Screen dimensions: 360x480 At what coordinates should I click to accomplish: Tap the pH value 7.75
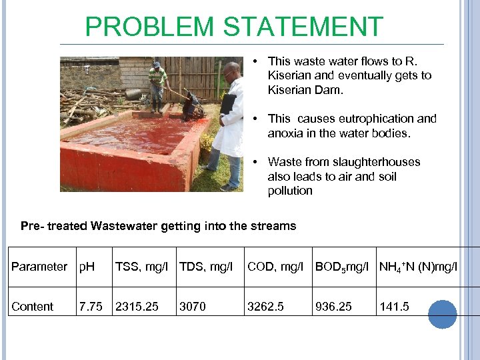pyautogui.click(x=91, y=307)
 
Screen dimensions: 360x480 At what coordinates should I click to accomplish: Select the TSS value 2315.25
pyautogui.click(x=137, y=307)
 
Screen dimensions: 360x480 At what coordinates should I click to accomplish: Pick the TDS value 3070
pyautogui.click(x=193, y=307)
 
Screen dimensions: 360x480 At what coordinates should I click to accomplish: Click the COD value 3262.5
pyautogui.click(x=265, y=307)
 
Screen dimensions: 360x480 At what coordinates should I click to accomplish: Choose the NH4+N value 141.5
pyautogui.click(x=394, y=307)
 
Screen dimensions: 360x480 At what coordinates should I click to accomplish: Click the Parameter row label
pyautogui.click(x=39, y=267)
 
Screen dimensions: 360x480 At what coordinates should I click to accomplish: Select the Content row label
pyautogui.click(x=32, y=307)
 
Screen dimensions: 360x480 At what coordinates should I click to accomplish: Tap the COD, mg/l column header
pyautogui.click(x=275, y=267)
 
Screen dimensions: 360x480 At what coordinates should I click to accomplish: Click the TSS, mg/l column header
pyautogui.click(x=141, y=267)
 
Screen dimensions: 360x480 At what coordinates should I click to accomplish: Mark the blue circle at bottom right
pyautogui.click(x=442, y=314)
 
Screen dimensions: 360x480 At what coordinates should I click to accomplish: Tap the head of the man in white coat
pyautogui.click(x=231, y=70)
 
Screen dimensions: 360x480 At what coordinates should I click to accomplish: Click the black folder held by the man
pyautogui.click(x=227, y=104)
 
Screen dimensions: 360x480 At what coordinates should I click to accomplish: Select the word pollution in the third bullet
pyautogui.click(x=290, y=191)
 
